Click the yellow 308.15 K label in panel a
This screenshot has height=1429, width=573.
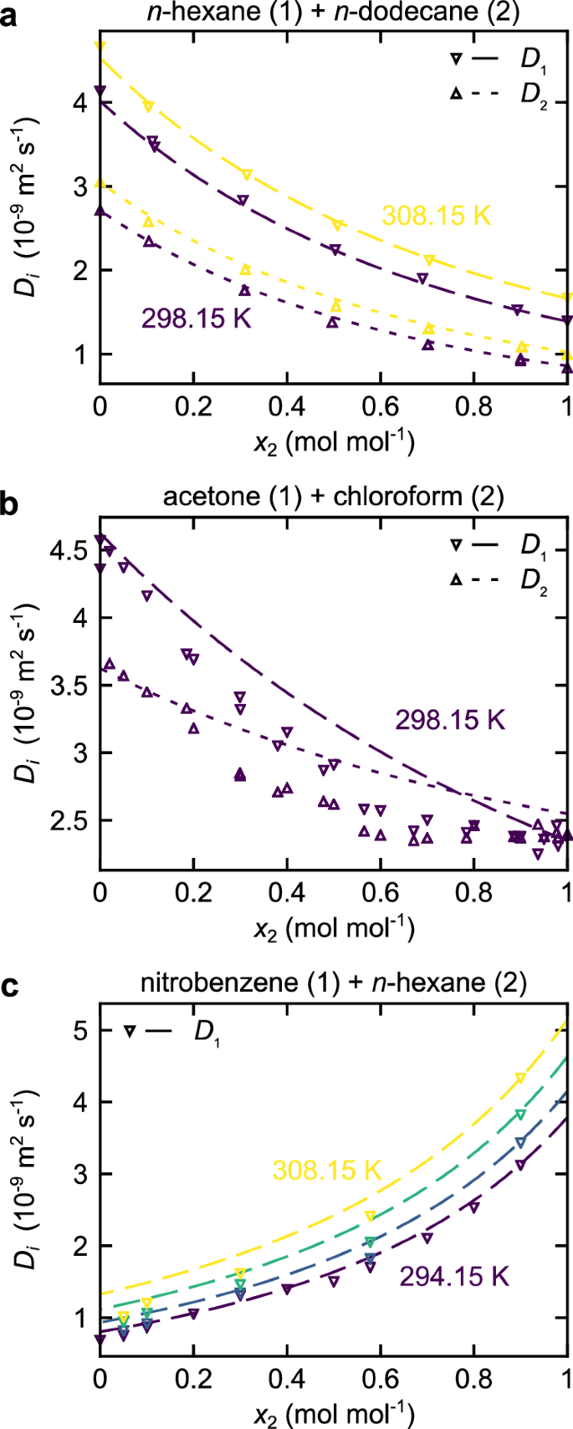(435, 216)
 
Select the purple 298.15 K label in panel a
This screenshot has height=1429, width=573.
(196, 319)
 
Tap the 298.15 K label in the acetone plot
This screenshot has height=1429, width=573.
(450, 720)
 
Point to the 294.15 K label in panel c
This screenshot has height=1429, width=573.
(453, 1277)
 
